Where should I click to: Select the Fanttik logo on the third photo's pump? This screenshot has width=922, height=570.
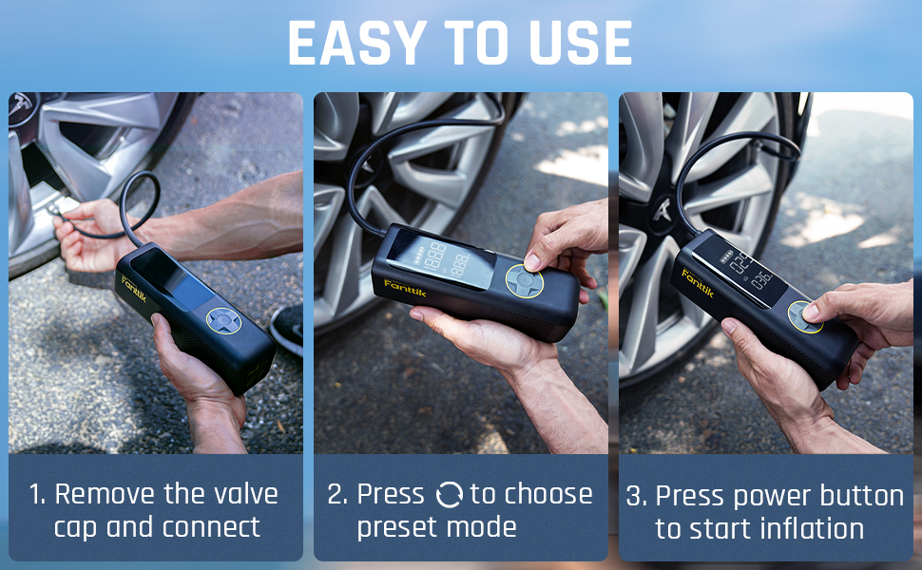[698, 282]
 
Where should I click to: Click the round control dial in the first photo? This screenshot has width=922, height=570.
[223, 321]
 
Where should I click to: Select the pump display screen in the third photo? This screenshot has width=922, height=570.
[747, 270]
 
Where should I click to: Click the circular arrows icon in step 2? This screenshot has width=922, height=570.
[448, 495]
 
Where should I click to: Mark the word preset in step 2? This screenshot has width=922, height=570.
[396, 527]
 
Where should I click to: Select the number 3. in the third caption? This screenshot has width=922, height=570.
[637, 497]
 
